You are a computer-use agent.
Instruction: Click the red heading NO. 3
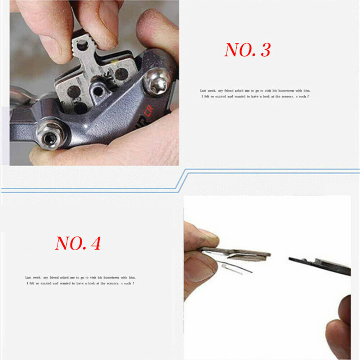pos(247,50)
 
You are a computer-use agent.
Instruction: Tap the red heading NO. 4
pos(78,243)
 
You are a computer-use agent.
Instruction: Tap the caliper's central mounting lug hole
pos(97,91)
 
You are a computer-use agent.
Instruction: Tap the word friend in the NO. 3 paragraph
pos(232,91)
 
